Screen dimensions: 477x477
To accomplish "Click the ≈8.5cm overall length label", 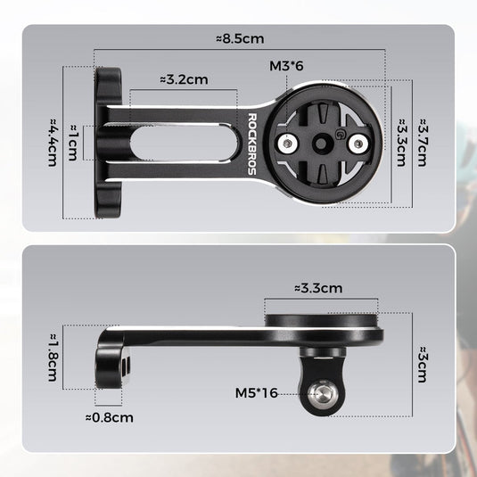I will (x=239, y=39).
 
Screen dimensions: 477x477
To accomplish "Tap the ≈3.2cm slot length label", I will (x=183, y=78).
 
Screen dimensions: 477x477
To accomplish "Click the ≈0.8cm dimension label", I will (x=110, y=416).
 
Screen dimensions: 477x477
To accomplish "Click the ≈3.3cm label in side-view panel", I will (x=317, y=288).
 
